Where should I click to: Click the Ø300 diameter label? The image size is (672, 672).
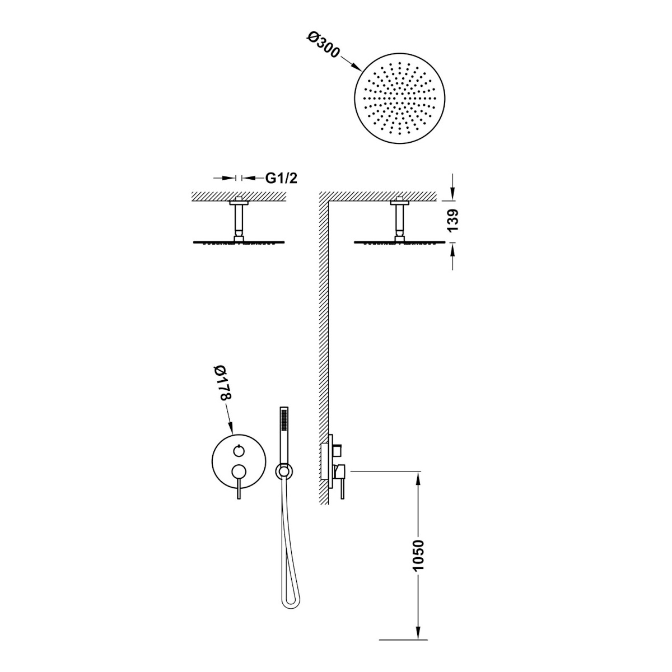coord(323,45)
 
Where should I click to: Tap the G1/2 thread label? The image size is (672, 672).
coord(281,178)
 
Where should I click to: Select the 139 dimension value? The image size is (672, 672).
coord(452,221)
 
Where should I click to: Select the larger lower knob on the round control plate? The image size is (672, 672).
coord(239,470)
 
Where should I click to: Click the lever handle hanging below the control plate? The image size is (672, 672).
coord(239,488)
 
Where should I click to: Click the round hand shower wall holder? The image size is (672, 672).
coord(284,472)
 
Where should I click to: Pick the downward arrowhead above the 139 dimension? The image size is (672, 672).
coord(452,193)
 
